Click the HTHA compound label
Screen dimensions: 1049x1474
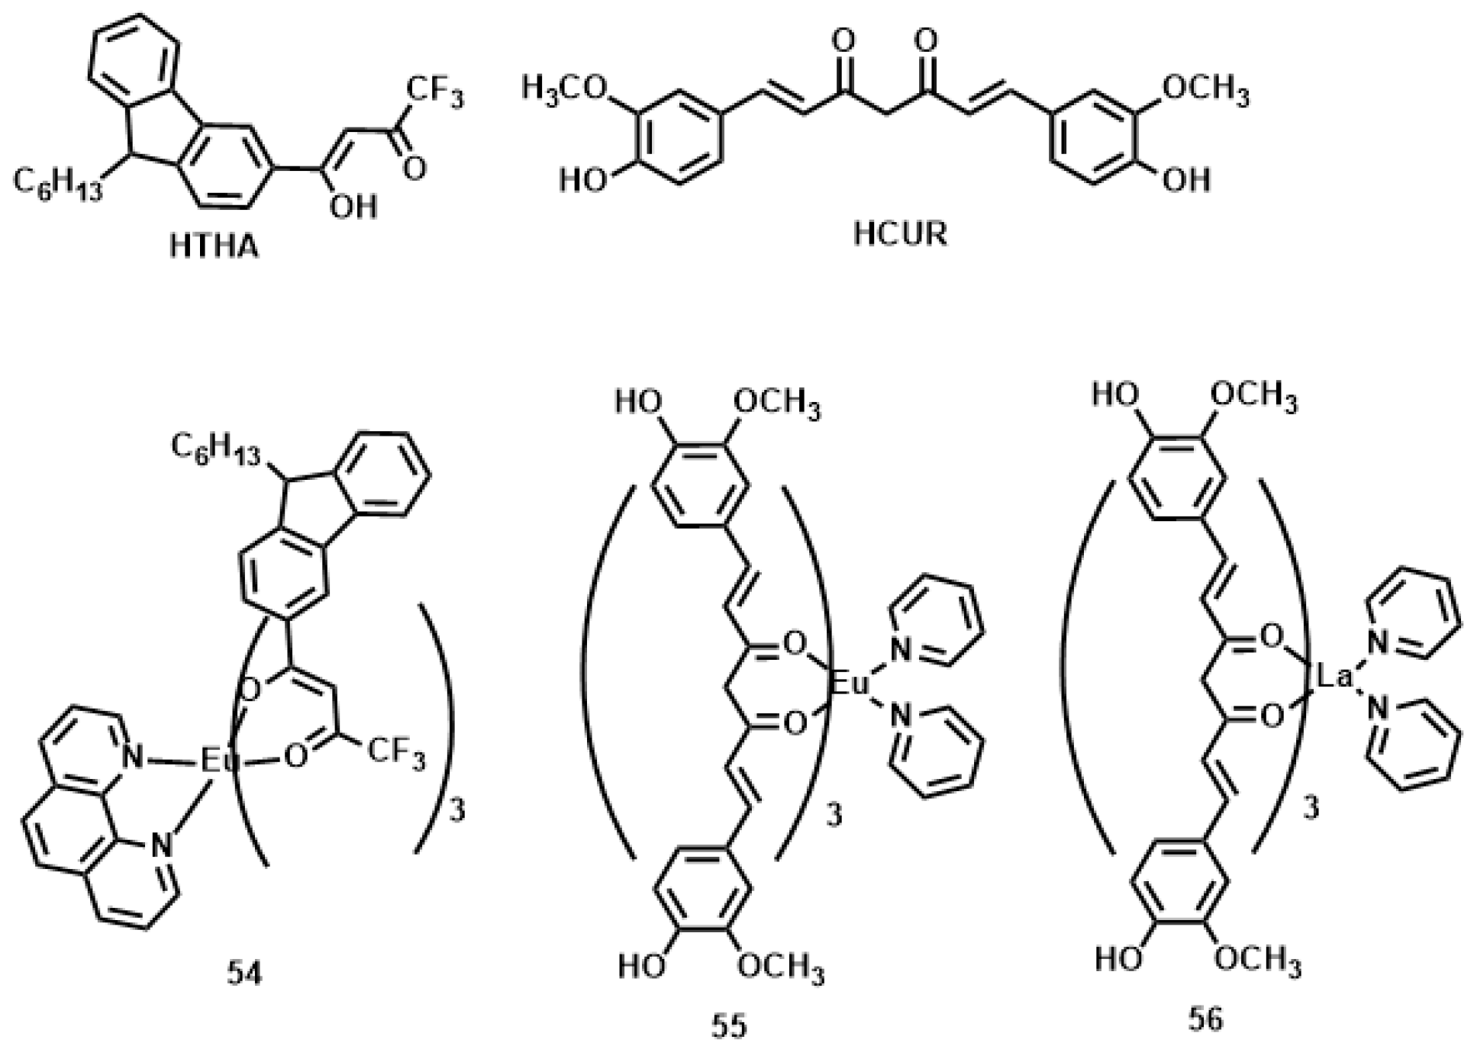pos(214,247)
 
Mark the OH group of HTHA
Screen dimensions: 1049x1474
pos(353,206)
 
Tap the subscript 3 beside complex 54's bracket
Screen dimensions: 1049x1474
pos(456,811)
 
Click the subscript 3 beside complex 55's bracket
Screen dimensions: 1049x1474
pos(834,815)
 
